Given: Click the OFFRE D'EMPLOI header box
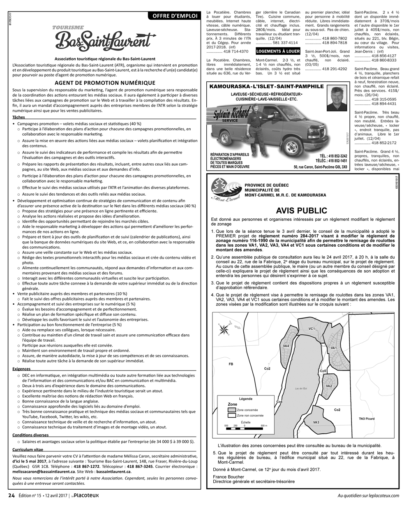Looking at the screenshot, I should pos(174,16).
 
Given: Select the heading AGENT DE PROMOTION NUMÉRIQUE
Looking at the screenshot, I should pos(105,82).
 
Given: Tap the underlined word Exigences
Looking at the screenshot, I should pos(22,369).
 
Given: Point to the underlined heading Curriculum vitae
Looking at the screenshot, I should pos(28,449).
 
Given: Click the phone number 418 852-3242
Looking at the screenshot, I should pos(337,156).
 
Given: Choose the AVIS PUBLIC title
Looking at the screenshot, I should pos(301,211).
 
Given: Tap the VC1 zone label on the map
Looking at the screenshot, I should pos(312,329).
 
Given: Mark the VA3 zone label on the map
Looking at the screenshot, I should pos(316,422).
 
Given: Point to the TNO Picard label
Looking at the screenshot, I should pos(367,419).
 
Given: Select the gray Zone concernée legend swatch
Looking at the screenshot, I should pos(232,410).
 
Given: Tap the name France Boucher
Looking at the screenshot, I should pos(229,477).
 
